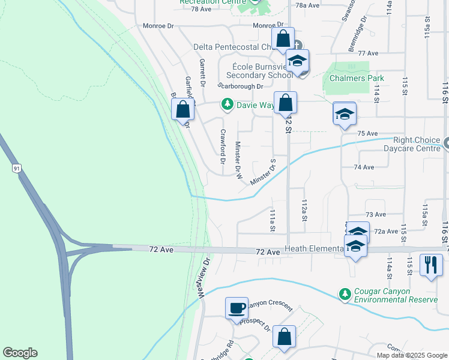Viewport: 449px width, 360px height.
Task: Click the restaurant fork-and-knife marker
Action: pyautogui.click(x=431, y=265)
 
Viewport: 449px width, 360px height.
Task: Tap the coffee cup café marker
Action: pyautogui.click(x=237, y=307)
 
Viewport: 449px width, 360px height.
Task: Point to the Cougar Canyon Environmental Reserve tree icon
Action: pyautogui.click(x=345, y=294)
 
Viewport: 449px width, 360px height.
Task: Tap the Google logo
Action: pyautogui.click(x=20, y=353)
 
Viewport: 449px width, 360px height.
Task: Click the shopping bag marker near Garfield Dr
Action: pyautogui.click(x=183, y=109)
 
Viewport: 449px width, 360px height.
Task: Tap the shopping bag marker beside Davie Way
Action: pyautogui.click(x=286, y=102)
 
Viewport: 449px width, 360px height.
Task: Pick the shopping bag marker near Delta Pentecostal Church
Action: pyautogui.click(x=283, y=38)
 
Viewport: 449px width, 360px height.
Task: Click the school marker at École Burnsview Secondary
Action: pyautogui.click(x=297, y=61)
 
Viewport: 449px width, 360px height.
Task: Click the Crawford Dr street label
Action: pyautogui.click(x=223, y=147)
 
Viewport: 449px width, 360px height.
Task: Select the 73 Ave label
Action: pyautogui.click(x=376, y=214)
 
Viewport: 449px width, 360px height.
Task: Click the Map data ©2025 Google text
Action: pyautogui.click(x=411, y=355)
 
